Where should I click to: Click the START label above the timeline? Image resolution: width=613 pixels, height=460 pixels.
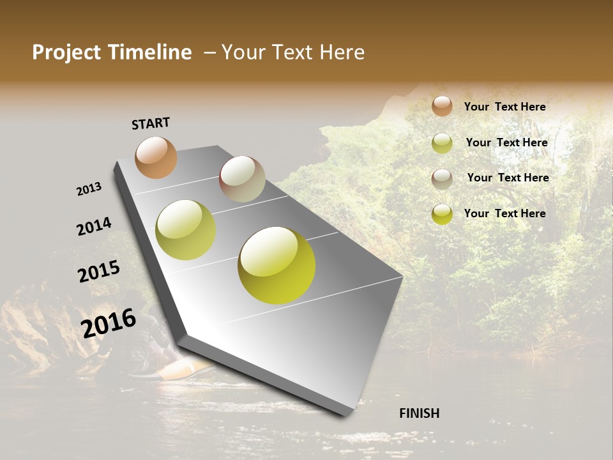151,123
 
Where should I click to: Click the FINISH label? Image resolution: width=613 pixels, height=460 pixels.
420,413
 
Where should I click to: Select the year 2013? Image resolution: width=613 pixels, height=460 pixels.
89,189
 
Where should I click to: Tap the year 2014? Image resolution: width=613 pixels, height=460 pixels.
95,226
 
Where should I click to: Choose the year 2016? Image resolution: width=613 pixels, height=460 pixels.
109,323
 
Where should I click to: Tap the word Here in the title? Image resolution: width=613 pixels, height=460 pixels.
342,52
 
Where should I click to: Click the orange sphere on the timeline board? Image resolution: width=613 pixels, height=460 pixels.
156,157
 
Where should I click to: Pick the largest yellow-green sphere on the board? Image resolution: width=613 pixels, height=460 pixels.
276,265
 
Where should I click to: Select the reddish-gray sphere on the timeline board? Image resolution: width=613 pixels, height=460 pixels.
242,179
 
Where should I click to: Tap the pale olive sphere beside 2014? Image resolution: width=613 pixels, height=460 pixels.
186,230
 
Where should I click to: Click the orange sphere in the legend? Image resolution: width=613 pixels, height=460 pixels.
442,106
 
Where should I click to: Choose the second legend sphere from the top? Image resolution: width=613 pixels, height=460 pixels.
442,143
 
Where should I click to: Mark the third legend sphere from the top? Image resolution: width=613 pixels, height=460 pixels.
442,179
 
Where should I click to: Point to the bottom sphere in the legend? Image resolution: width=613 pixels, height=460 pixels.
442,214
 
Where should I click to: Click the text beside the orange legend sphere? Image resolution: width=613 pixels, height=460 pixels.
504,107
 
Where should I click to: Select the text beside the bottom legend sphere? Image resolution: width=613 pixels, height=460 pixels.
504,213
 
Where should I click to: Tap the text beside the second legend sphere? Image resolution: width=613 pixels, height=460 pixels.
506,142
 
